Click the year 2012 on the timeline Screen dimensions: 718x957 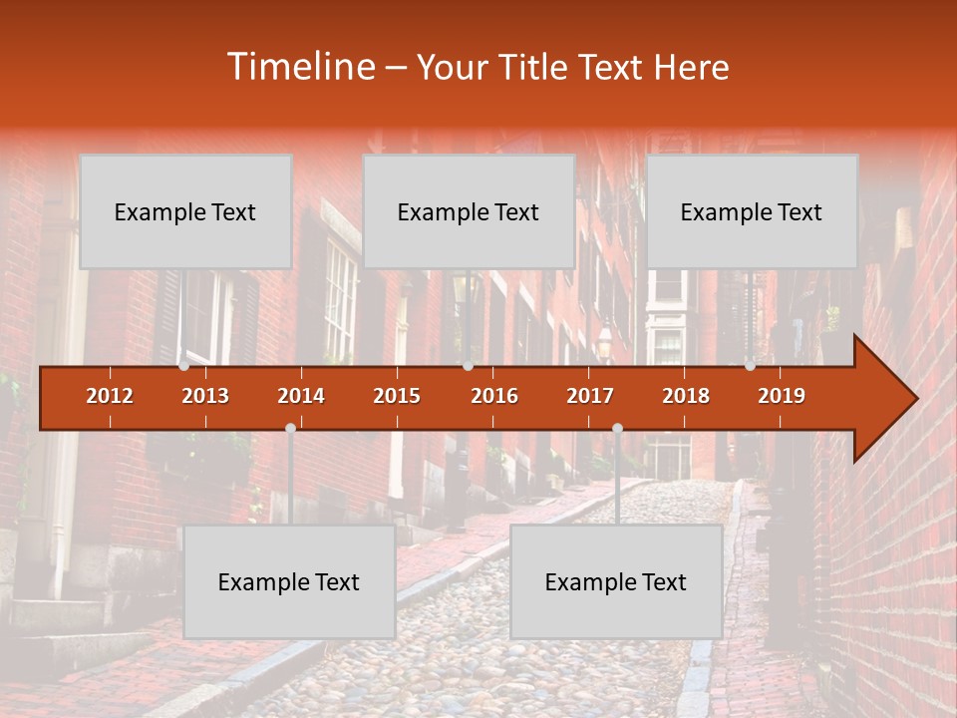coord(110,396)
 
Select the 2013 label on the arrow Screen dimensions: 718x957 coord(205,396)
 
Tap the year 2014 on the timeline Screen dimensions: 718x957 coord(301,396)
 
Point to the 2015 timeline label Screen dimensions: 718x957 coord(397,396)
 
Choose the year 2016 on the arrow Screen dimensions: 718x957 coord(494,396)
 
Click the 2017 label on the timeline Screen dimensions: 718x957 coord(590,396)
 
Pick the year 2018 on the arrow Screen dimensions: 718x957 coord(686,396)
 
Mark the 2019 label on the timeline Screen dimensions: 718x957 coord(782,396)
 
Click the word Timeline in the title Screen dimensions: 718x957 coord(299,67)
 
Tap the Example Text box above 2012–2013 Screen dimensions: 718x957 coord(185,211)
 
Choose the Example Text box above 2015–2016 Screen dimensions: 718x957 coord(469,211)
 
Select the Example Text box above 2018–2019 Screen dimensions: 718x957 coord(752,211)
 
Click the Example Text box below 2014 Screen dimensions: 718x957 coord(289,581)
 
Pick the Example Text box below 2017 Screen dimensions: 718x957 coord(616,581)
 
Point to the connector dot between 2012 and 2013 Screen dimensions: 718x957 coord(184,366)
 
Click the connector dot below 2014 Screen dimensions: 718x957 coord(290,429)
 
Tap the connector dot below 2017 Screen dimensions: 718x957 coord(617,429)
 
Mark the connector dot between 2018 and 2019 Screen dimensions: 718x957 coord(750,366)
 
